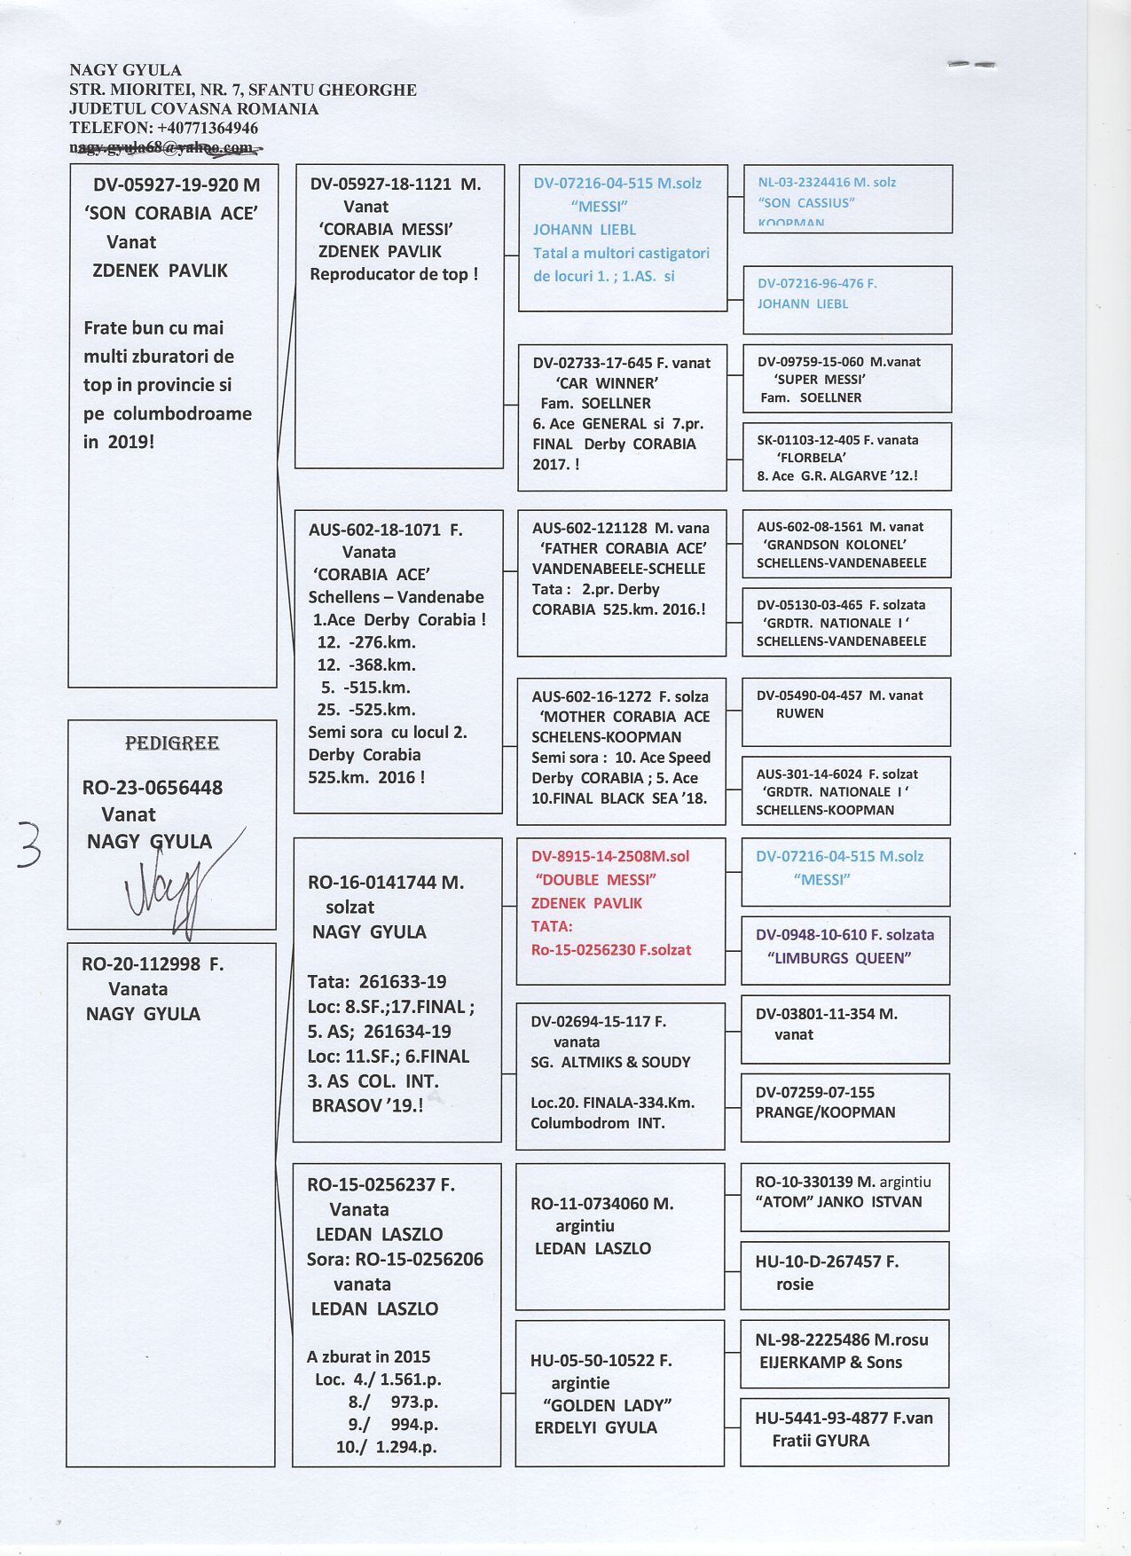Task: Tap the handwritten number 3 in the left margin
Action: [x=28, y=844]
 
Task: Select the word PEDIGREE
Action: [x=172, y=743]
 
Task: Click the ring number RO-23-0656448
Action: [x=153, y=788]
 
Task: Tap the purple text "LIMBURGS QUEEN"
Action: [x=839, y=958]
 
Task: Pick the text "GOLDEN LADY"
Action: [x=608, y=1405]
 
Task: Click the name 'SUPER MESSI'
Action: [x=820, y=380]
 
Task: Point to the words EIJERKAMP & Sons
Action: [x=830, y=1363]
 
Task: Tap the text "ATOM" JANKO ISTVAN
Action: [x=838, y=1202]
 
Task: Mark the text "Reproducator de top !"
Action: [x=394, y=274]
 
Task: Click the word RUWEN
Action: [x=799, y=713]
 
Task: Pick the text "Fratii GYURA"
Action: [x=821, y=1441]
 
